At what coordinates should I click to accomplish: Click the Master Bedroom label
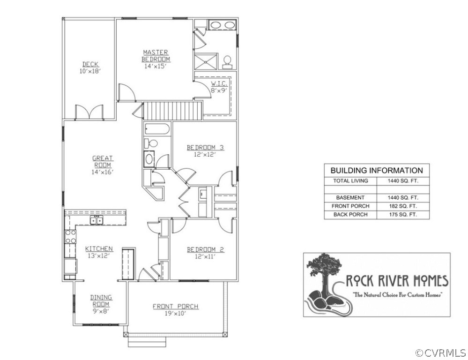[156, 56]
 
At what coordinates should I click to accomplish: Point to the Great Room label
[103, 162]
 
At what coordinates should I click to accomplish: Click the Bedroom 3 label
[205, 147]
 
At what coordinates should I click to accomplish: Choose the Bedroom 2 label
[205, 249]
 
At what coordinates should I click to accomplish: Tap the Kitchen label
[99, 248]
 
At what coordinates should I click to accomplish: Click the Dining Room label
[101, 301]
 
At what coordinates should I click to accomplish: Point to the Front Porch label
[176, 307]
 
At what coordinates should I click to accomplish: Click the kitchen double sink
[97, 220]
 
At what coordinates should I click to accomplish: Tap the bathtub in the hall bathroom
[157, 129]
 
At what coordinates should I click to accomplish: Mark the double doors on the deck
[89, 112]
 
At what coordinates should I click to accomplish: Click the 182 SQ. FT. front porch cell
[403, 206]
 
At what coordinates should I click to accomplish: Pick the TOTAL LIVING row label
[351, 181]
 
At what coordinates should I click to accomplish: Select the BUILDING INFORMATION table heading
[377, 170]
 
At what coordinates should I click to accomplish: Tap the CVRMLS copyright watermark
[440, 353]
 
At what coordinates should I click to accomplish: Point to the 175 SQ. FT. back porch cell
[403, 215]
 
